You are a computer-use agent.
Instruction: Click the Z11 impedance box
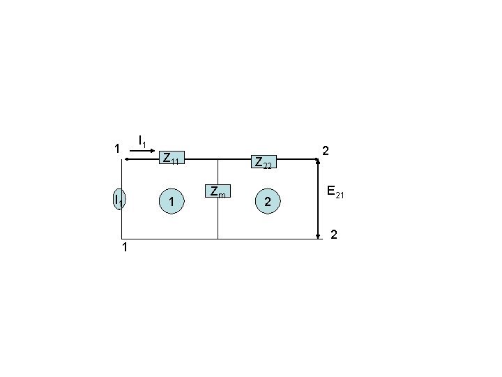click(x=172, y=157)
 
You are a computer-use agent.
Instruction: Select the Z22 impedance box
click(x=264, y=161)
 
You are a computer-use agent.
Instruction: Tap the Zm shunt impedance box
click(x=218, y=191)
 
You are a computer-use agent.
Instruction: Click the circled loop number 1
click(x=172, y=201)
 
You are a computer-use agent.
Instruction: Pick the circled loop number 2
click(x=268, y=201)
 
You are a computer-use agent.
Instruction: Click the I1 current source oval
click(x=119, y=199)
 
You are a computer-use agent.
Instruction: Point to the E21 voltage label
click(x=335, y=192)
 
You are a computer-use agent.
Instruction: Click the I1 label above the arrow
click(x=142, y=141)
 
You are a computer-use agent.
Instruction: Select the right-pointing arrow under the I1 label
click(x=142, y=151)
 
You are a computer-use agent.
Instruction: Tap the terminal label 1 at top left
click(x=117, y=149)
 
